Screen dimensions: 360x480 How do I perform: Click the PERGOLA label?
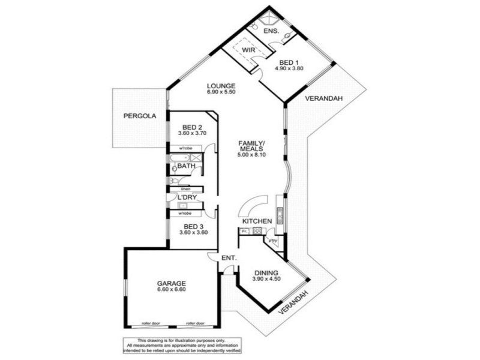pos(137,116)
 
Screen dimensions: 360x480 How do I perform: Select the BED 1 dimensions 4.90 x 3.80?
pos(289,68)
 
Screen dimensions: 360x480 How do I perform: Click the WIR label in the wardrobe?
pos(249,50)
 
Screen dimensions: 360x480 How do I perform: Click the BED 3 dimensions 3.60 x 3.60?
pos(193,232)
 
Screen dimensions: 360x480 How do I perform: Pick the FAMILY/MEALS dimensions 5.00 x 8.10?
pos(251,155)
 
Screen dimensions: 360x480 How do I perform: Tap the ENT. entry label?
pos(229,259)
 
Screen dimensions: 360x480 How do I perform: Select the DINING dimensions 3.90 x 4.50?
pos(265,278)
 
